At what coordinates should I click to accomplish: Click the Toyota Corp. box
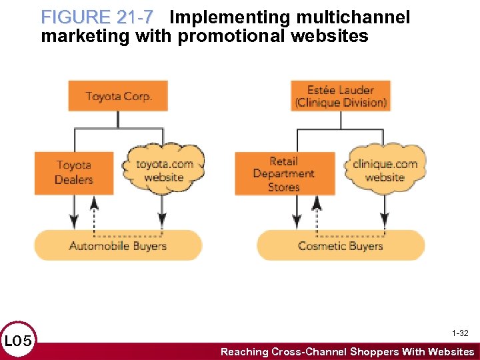click(118, 96)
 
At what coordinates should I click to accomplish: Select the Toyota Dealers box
click(74, 173)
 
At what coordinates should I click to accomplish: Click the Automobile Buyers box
click(118, 245)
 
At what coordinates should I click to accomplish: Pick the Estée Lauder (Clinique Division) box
click(341, 96)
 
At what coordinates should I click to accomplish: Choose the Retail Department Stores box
click(284, 173)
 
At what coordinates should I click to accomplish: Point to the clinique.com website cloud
click(385, 171)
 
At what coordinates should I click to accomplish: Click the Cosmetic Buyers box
click(341, 245)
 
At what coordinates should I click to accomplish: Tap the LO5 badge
click(17, 341)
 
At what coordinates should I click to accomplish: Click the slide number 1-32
click(460, 333)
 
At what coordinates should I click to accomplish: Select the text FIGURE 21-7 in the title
click(97, 17)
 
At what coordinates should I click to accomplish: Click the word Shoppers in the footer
click(377, 351)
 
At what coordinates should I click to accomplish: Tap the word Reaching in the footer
click(246, 351)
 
